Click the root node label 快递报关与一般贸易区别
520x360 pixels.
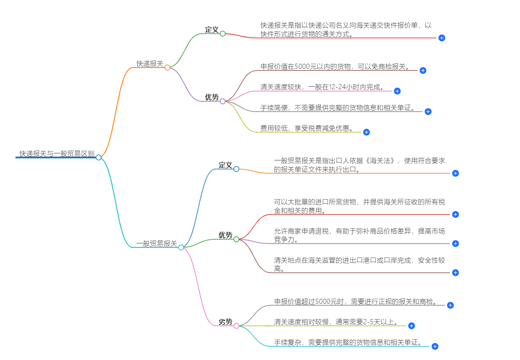(57, 154)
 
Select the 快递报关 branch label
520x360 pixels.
(150, 64)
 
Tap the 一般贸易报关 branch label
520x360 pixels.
(157, 244)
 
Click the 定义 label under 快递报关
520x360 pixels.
(211, 30)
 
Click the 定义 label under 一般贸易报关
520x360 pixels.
(225, 165)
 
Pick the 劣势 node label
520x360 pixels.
(225, 322)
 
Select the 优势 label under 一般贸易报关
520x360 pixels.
(225, 235)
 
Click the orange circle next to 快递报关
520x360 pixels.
(167, 67)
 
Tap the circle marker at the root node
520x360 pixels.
(98, 157)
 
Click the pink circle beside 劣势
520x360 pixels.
(236, 326)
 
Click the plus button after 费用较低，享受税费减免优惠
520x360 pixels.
(366, 132)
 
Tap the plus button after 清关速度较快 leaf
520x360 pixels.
(397, 91)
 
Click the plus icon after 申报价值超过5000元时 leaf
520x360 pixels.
(450, 305)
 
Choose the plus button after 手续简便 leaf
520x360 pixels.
(428, 112)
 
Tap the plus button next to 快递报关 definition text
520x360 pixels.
(442, 38)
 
